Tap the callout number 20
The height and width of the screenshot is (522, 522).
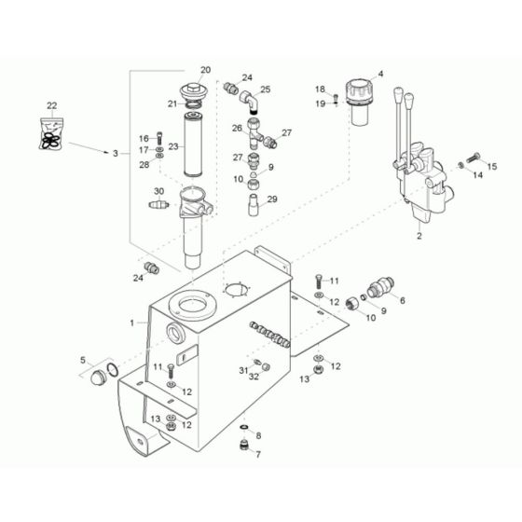[x=205, y=70]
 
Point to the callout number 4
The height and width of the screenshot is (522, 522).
[x=379, y=73]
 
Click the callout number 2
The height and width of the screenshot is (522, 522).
[x=419, y=237]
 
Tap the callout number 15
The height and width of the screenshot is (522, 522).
[x=493, y=166]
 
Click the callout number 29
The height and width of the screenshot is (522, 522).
[x=272, y=199]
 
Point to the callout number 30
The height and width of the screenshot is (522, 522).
[x=158, y=191]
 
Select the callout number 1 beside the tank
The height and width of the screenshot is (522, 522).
[x=134, y=323]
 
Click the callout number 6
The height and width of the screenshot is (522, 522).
[x=402, y=300]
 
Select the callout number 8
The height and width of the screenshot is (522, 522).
[x=258, y=435]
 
